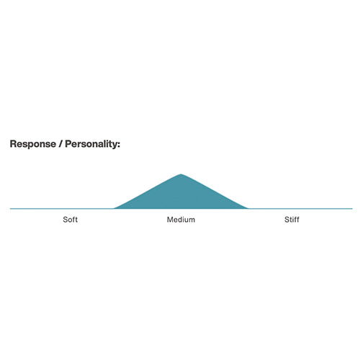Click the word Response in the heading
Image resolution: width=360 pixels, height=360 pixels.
(x=33, y=144)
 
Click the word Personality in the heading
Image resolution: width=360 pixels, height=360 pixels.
(x=91, y=144)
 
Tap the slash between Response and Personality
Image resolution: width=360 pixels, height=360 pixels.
(x=60, y=144)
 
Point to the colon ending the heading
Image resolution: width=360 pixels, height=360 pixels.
(x=119, y=145)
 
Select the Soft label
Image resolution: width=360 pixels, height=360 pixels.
(x=70, y=220)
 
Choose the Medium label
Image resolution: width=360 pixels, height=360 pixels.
(x=181, y=220)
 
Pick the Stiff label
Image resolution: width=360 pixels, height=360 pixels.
(x=292, y=220)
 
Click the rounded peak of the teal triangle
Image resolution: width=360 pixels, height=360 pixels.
(x=181, y=175)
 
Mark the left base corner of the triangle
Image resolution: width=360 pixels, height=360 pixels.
(x=114, y=208)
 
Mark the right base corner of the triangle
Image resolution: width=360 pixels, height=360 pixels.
(x=248, y=208)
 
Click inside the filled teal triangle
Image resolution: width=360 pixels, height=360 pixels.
(x=181, y=196)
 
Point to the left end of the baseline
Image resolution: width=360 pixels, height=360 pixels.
(x=10, y=209)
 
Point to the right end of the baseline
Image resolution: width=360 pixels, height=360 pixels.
(x=352, y=209)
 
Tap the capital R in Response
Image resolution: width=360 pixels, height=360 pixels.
(x=13, y=144)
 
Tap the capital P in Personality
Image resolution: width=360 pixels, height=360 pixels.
(x=68, y=144)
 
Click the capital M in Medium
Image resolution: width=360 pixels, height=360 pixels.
(x=170, y=220)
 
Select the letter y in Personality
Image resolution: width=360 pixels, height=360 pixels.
(x=114, y=145)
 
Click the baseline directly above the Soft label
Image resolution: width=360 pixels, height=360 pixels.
(x=70, y=209)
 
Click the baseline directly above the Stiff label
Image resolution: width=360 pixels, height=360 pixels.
(x=292, y=209)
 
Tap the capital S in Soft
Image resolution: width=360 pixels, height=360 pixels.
(x=66, y=220)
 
